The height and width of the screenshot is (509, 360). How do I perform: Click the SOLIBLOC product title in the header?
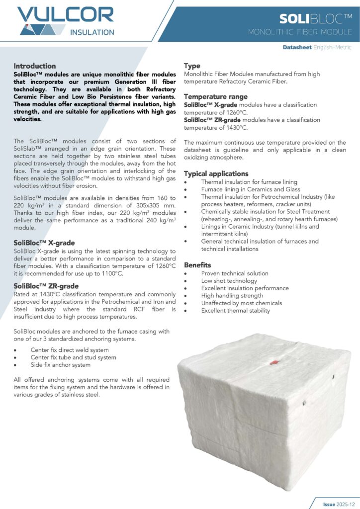tap(316, 19)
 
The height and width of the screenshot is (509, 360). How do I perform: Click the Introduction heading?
tap(35, 66)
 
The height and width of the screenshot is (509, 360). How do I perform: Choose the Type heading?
tap(192, 66)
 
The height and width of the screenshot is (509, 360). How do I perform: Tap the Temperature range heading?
tap(216, 96)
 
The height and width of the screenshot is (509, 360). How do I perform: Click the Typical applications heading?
tap(216, 174)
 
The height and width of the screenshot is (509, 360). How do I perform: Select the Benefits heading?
tap(197, 265)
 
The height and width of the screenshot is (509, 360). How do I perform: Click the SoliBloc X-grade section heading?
tap(44, 243)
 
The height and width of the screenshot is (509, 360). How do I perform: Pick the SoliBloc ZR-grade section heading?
tap(46, 286)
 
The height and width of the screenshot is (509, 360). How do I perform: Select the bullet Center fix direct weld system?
tap(70, 350)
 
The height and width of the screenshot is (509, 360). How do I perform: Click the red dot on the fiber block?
tap(272, 363)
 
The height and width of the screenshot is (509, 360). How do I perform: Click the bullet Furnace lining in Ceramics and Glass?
tap(244, 190)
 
